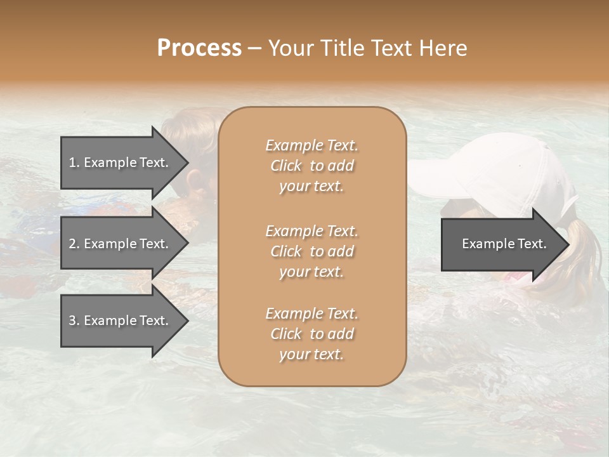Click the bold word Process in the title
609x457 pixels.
[x=199, y=48]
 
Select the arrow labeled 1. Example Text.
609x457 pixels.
[x=121, y=162]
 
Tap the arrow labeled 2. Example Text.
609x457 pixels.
[x=121, y=244]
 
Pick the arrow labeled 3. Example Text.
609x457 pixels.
[x=121, y=321]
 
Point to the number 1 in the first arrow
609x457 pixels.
[x=72, y=162]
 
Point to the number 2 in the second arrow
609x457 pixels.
[x=72, y=244]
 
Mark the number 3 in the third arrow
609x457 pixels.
[x=72, y=321]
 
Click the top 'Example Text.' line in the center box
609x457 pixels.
[x=311, y=145]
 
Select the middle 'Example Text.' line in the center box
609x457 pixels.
[x=311, y=230]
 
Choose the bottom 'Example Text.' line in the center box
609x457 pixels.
[x=311, y=314]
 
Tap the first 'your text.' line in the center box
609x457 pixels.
[x=311, y=187]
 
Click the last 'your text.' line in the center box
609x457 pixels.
[x=311, y=355]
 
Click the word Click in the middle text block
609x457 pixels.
[x=285, y=251]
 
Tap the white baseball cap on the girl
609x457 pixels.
[x=501, y=171]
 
